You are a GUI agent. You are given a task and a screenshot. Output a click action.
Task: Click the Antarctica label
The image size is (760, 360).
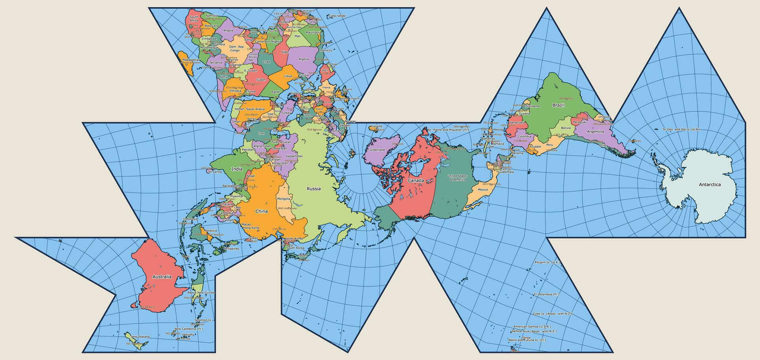pos(710,185)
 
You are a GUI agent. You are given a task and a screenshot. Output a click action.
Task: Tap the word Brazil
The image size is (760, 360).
pos(558,105)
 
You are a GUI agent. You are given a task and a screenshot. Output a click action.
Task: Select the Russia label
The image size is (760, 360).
pos(313,189)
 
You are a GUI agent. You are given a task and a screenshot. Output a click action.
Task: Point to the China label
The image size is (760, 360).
pos(261,211)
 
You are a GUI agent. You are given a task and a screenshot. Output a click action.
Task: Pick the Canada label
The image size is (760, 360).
pos(416,180)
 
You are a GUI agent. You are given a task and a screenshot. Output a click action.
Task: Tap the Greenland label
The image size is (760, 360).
pos(377,150)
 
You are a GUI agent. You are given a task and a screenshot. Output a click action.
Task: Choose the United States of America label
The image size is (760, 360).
pos(457,177)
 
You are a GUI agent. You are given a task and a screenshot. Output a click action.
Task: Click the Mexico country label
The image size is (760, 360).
pos(483,189)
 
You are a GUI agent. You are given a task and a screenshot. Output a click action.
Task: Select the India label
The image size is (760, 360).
pos(237,169)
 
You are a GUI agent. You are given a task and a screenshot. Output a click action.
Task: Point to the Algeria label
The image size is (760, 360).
pos(303,59)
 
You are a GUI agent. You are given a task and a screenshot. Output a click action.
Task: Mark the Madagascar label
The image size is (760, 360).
pos(190,60)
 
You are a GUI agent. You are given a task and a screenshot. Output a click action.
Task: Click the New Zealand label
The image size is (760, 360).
pos(141,337)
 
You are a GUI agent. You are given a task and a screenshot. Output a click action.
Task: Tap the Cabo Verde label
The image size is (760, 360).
pos(337,16)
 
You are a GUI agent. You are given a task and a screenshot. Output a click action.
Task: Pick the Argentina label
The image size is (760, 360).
pos(595,131)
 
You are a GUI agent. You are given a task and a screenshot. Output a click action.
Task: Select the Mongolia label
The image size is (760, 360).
pos(283,199)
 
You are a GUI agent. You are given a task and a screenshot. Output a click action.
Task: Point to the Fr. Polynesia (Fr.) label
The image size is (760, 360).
pos(546,294)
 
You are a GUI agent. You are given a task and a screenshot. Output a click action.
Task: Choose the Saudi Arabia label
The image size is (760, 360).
pos(255,109)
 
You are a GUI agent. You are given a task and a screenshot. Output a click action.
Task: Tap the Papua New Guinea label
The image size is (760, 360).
pos(201,293)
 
